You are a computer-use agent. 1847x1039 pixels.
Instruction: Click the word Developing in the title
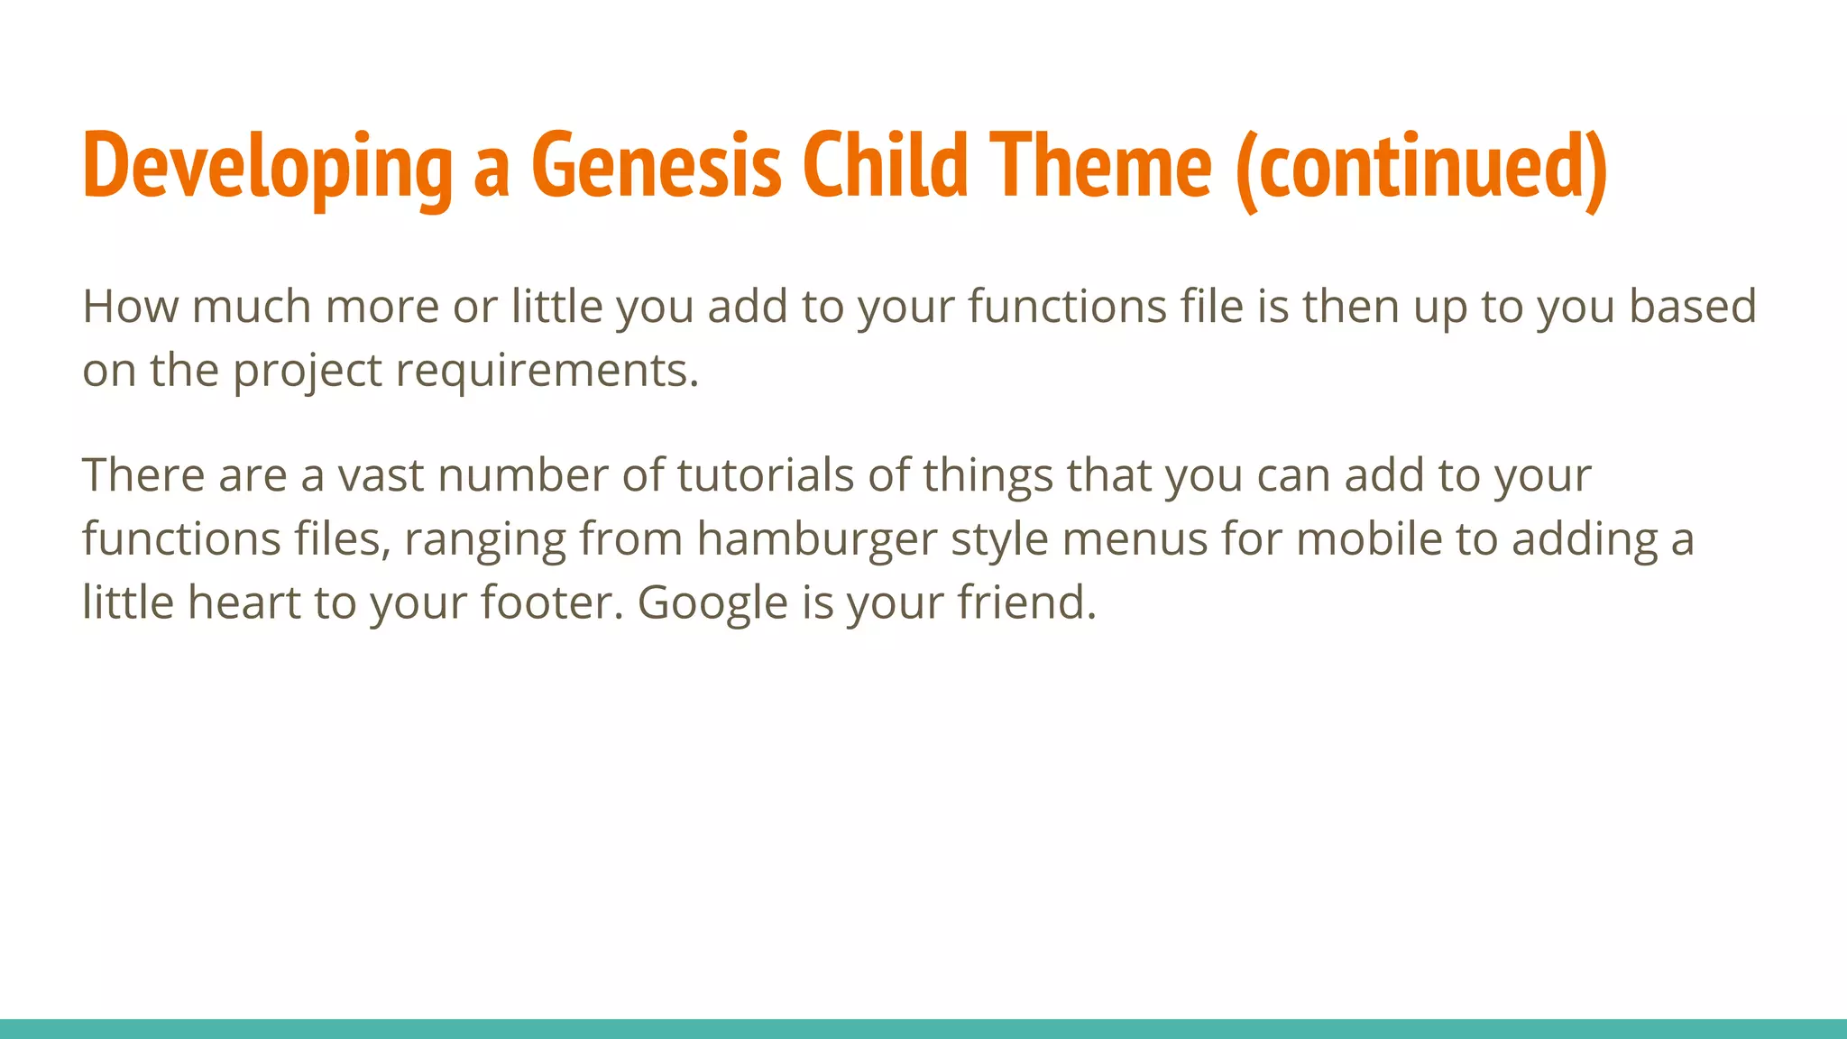[x=267, y=167]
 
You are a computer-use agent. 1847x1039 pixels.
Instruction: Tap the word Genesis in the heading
[x=656, y=167]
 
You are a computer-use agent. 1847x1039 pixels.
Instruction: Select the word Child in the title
[x=885, y=167]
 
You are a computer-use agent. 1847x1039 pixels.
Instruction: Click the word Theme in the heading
[x=1100, y=167]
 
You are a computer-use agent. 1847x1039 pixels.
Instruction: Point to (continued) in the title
[x=1421, y=167]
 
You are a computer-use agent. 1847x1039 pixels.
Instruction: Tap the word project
[x=308, y=372]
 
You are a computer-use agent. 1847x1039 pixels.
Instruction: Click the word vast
[x=380, y=475]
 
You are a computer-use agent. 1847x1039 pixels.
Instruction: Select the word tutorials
[x=765, y=475]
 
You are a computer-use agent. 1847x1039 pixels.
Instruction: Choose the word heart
[x=244, y=602]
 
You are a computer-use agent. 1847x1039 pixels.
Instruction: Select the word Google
[x=712, y=602]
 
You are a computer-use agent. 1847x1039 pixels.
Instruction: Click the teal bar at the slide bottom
[x=923, y=1029]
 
